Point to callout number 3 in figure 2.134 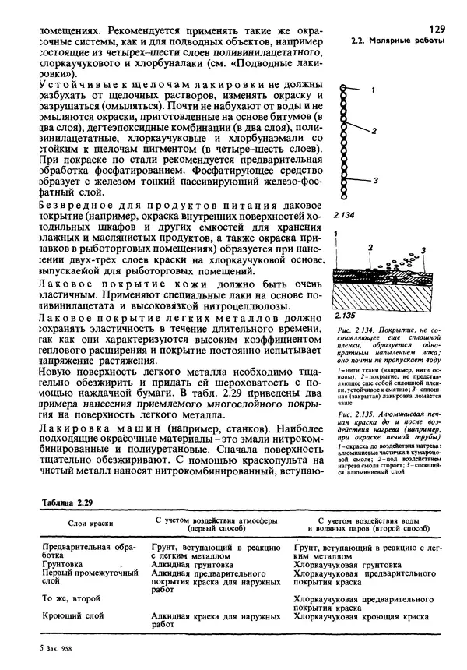375,180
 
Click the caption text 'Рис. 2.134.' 355,330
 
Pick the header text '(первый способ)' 212,527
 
